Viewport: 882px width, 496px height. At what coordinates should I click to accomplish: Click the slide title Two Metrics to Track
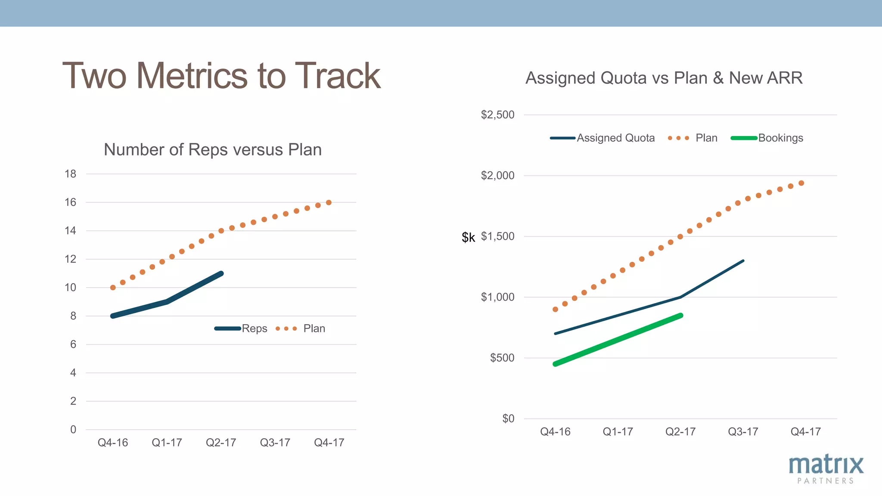tap(221, 76)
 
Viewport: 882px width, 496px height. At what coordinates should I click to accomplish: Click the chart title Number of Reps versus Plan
tap(213, 150)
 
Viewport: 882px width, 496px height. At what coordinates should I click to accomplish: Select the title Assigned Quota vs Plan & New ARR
tap(664, 78)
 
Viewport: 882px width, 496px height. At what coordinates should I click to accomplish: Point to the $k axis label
tap(468, 237)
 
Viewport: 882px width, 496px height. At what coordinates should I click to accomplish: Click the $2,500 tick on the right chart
tap(497, 115)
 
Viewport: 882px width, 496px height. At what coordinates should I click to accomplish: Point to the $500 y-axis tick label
tap(502, 358)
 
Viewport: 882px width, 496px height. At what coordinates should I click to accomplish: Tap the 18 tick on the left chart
tap(70, 174)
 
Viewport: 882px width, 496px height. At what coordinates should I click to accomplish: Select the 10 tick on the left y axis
tap(70, 288)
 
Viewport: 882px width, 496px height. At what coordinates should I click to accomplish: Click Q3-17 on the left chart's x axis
tap(275, 443)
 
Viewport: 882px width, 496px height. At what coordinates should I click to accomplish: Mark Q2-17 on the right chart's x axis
tap(680, 432)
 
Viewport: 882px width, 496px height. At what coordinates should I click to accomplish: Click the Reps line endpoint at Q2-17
tap(221, 273)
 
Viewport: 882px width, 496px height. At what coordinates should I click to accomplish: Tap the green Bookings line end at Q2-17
tap(681, 316)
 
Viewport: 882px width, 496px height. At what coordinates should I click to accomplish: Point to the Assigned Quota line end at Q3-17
tap(743, 261)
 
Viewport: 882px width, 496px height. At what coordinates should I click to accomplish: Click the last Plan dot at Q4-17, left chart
tap(329, 202)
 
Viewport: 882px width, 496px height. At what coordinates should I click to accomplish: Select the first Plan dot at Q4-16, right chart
tap(555, 310)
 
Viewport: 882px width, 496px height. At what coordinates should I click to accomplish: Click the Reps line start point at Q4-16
tap(113, 316)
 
